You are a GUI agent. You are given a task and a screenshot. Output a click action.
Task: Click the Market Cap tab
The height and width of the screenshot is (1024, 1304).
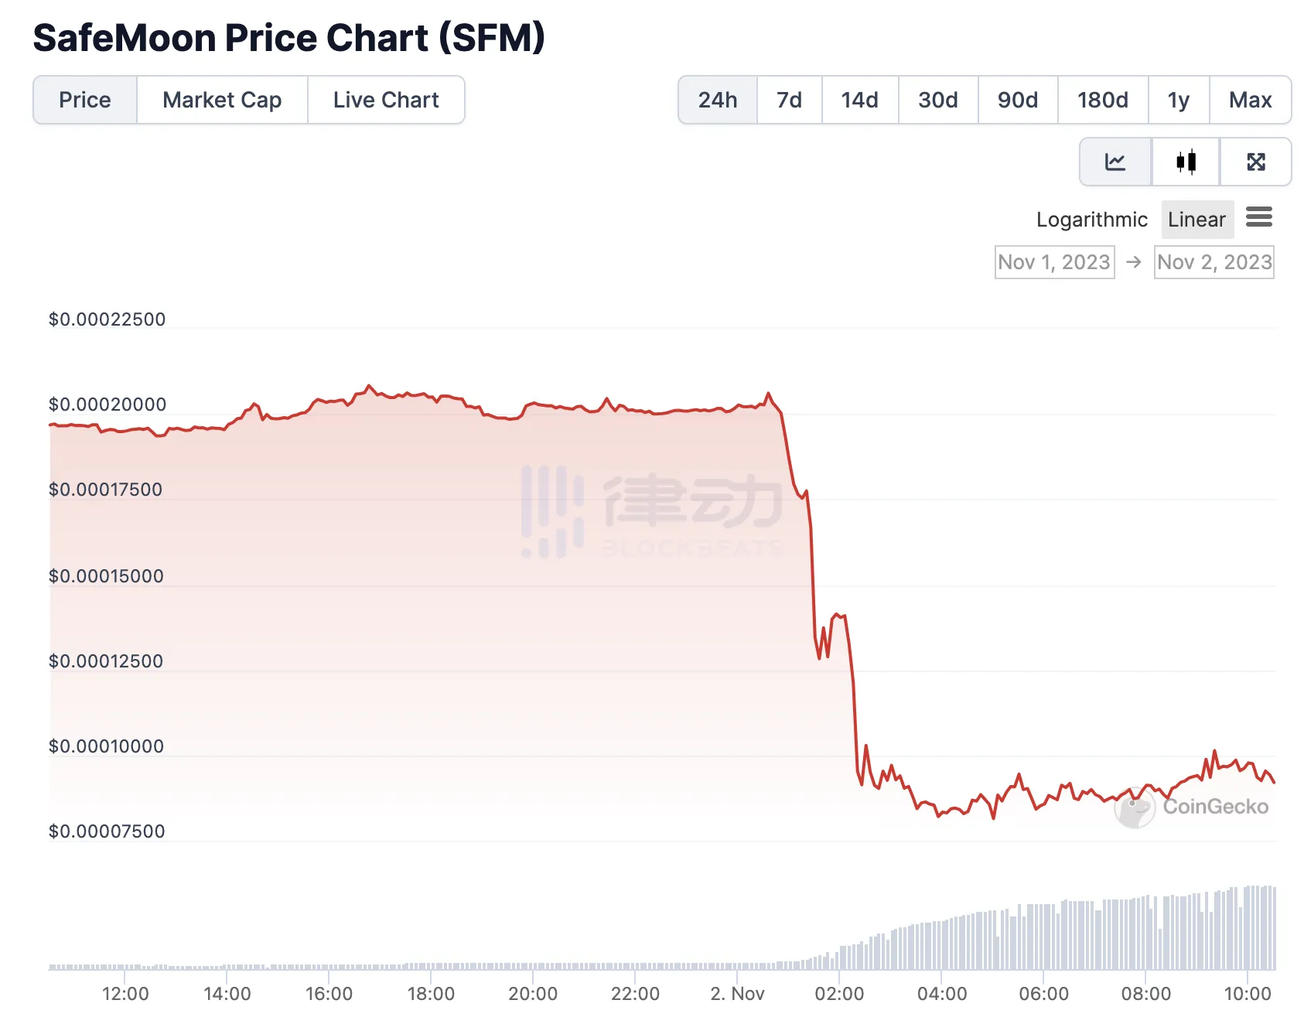click(x=222, y=100)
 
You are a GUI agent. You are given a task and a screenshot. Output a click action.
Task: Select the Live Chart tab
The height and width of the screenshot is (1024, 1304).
click(x=386, y=100)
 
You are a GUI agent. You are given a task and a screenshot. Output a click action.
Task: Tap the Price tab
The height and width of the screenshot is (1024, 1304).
click(x=85, y=100)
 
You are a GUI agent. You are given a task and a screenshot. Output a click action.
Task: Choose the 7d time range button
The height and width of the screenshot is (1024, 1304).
click(x=789, y=100)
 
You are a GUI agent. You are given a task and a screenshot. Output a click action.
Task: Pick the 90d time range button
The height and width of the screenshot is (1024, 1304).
click(x=1017, y=100)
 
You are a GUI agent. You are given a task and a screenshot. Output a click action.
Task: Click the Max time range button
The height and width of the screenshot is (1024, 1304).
click(x=1250, y=100)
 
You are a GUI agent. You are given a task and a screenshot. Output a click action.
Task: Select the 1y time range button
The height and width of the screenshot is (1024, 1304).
click(x=1178, y=100)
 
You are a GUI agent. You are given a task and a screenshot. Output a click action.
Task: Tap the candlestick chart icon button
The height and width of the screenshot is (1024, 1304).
click(x=1186, y=162)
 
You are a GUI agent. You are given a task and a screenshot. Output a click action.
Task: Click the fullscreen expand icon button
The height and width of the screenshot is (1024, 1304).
click(x=1256, y=162)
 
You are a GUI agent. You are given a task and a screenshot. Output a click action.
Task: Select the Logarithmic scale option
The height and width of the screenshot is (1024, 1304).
click(x=1091, y=220)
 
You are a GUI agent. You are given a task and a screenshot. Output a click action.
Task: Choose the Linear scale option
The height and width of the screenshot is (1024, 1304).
click(x=1196, y=220)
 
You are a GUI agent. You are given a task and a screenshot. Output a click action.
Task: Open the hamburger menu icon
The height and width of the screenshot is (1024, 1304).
click(x=1259, y=217)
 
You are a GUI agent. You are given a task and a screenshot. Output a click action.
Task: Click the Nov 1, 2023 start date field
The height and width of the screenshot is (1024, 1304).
click(x=1054, y=262)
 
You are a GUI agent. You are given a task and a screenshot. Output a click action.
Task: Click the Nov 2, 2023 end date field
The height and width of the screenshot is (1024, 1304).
click(x=1214, y=262)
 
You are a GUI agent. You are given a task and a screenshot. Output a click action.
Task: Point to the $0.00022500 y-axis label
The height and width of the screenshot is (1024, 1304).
click(x=107, y=319)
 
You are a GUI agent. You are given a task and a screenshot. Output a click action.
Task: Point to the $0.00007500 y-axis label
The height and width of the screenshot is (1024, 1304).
click(x=107, y=831)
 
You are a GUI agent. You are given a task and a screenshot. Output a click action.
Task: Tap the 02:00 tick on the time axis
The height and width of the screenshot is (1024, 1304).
click(x=839, y=994)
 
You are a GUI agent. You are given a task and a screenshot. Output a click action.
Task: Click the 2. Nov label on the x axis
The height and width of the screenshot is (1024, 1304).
click(x=737, y=994)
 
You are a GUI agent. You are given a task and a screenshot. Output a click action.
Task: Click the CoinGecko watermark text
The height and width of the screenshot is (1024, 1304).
click(x=1215, y=807)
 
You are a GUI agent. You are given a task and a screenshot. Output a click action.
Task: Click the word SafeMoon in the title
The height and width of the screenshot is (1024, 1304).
click(x=124, y=38)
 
